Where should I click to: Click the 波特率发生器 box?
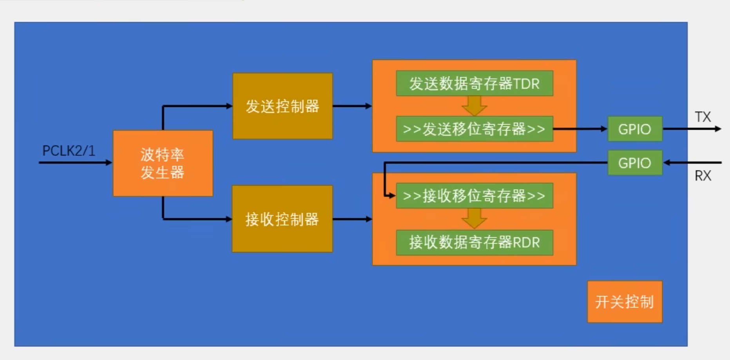[x=163, y=163]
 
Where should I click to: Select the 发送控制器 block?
[x=283, y=106]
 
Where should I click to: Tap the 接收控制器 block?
[x=282, y=219]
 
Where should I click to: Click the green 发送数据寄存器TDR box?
[x=475, y=83]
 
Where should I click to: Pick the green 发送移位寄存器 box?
[x=475, y=129]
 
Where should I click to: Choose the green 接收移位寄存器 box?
[x=475, y=195]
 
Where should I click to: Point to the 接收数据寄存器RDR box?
[x=475, y=242]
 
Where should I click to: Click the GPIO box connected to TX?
[x=635, y=129]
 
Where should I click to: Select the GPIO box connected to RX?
[x=635, y=163]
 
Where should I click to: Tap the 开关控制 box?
[x=625, y=302]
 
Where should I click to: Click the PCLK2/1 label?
[x=69, y=151]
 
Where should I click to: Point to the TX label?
[x=703, y=117]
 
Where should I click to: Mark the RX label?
[x=703, y=175]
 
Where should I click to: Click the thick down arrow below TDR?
[x=474, y=106]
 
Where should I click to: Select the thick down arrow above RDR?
[x=474, y=219]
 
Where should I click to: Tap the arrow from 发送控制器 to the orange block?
[x=352, y=106]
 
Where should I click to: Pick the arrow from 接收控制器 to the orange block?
[x=352, y=219]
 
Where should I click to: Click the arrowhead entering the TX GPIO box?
[x=604, y=129]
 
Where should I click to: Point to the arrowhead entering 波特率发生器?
[x=109, y=163]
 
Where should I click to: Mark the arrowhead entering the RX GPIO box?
[x=667, y=163]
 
